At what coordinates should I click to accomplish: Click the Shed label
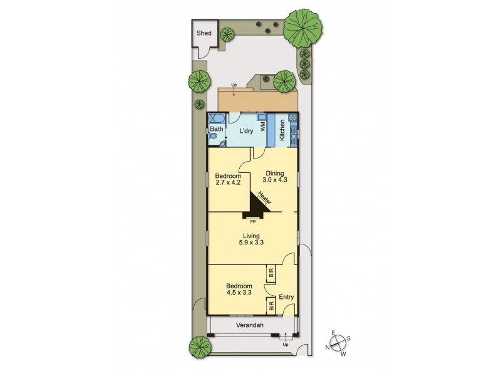point(204,33)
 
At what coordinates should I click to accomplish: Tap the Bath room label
point(216,130)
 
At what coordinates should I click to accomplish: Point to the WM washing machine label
point(263,126)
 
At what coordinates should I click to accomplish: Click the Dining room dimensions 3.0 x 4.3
point(274,182)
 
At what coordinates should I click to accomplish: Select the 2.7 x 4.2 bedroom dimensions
point(228,183)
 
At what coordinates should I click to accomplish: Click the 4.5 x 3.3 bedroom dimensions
point(239,291)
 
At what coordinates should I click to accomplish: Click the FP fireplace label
point(253,222)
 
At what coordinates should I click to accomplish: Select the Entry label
point(286,297)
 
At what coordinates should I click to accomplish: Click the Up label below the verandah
point(286,345)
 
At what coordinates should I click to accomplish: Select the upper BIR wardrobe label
point(271,273)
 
